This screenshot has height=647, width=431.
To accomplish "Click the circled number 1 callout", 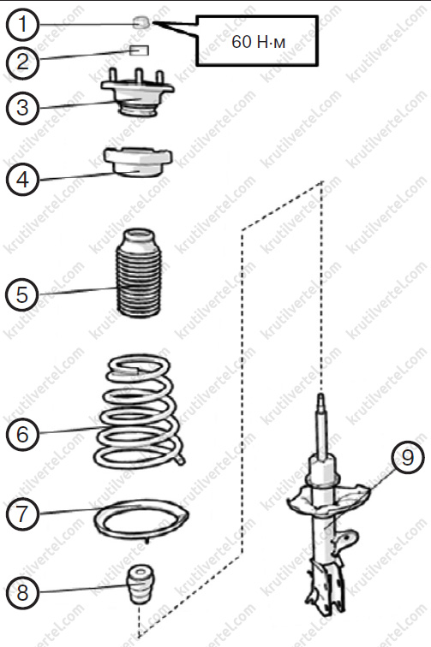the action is [x=23, y=24].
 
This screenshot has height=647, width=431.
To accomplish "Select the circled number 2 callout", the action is [x=23, y=62].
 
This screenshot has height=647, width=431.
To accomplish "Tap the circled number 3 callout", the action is [x=23, y=108].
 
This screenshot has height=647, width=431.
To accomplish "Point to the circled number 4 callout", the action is [x=23, y=180].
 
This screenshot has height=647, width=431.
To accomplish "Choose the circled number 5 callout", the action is [x=22, y=294].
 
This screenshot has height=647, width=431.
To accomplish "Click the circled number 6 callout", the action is [x=23, y=434].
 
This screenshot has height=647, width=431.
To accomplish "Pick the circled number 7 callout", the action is [x=23, y=513].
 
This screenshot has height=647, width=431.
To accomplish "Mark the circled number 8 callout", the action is [x=23, y=592].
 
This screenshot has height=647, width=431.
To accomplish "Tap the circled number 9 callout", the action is [x=408, y=458].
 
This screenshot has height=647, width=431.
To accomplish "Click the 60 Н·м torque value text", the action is [x=258, y=42].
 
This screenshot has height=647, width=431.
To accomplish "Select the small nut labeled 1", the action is [x=141, y=22].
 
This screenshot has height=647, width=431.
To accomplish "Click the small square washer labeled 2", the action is [x=140, y=50].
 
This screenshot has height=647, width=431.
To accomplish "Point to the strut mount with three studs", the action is [x=138, y=93].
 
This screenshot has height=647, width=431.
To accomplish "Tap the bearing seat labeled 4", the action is [x=138, y=162].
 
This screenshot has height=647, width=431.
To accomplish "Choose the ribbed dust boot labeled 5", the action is [x=139, y=273].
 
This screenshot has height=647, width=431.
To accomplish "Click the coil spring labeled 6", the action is [x=141, y=412].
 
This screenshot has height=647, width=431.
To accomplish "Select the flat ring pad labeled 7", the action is [x=141, y=520].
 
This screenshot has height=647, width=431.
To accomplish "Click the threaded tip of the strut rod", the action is [x=321, y=403].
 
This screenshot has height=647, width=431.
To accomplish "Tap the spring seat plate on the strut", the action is [x=328, y=500].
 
